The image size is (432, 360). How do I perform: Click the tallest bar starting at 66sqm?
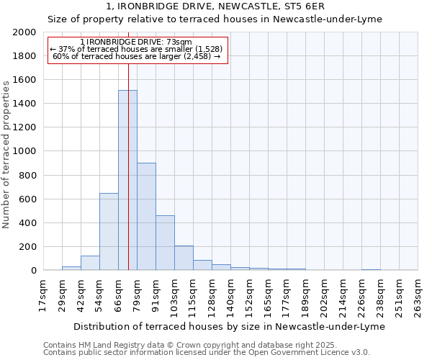[127, 180]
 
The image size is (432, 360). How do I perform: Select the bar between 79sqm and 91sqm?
[146, 216]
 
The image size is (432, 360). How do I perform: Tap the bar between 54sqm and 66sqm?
[109, 231]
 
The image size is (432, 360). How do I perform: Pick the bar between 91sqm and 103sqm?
[165, 243]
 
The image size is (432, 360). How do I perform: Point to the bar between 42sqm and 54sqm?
[90, 263]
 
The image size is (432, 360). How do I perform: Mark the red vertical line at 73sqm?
[129, 144]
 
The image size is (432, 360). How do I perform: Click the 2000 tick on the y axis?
[25, 32]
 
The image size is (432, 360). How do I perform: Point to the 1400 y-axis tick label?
[25, 104]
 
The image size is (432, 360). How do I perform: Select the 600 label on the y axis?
[28, 199]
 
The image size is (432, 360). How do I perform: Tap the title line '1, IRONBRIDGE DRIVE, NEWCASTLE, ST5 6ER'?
[215, 7]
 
